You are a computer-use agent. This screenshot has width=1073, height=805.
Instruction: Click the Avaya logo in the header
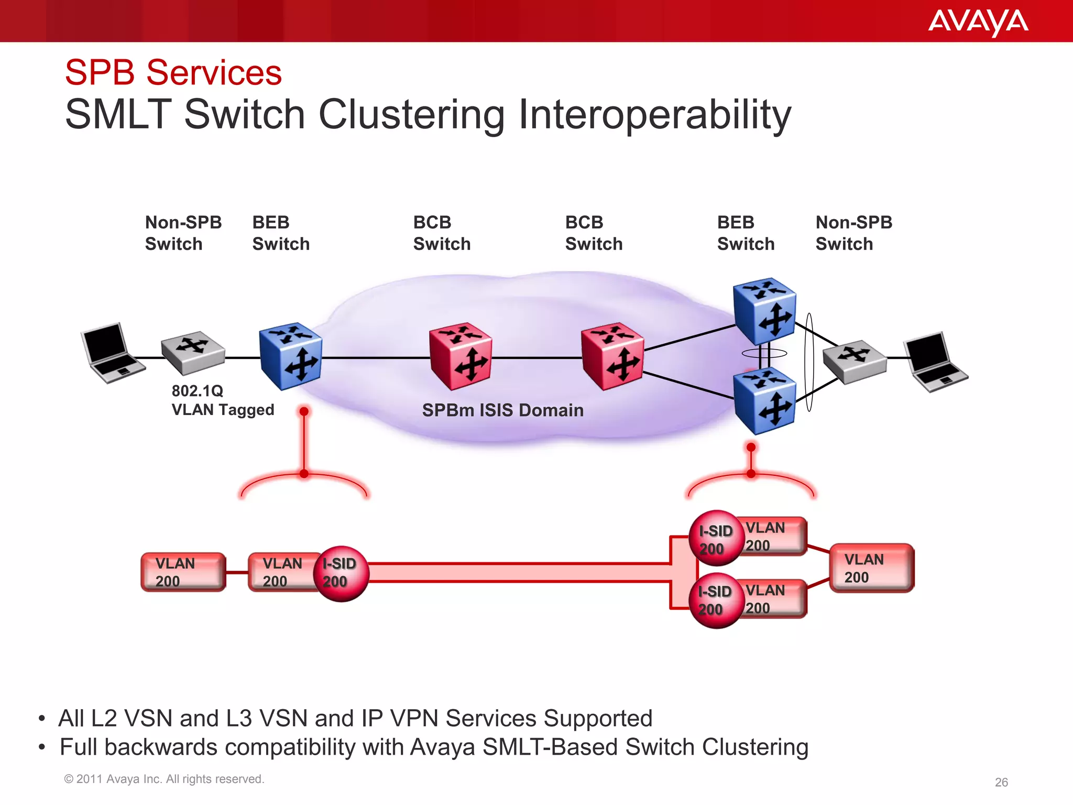tap(978, 22)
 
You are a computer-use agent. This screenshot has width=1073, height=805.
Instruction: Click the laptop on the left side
tap(112, 352)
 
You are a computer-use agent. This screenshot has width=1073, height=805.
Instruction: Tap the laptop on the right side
tap(936, 362)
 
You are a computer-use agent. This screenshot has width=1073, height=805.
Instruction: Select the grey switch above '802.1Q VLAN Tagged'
tap(193, 352)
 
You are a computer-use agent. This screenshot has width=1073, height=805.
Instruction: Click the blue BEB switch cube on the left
tap(291, 356)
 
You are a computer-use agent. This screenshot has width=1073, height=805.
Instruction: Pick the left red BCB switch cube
tap(460, 356)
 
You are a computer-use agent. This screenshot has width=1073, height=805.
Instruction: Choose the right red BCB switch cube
tap(612, 356)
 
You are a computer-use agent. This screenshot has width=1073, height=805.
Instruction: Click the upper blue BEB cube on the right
tap(764, 311)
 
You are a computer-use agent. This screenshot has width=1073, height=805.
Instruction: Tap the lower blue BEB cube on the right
tap(764, 401)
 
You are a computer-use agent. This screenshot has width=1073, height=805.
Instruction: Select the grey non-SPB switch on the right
tap(854, 361)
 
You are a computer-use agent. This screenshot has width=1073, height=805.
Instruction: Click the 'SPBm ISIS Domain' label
tap(502, 410)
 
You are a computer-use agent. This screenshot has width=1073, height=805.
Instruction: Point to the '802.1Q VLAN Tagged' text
tap(223, 400)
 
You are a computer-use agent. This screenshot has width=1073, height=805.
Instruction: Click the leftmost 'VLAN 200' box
tap(183, 572)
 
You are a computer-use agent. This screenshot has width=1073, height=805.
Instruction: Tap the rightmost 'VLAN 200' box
tap(871, 568)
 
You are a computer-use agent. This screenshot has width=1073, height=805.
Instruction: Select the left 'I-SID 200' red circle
tap(341, 573)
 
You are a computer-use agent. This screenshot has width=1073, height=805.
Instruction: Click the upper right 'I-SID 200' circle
tap(716, 538)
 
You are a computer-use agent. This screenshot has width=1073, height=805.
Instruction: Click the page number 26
tap(1001, 782)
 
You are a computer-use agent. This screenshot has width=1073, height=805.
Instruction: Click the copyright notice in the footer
tap(164, 779)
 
